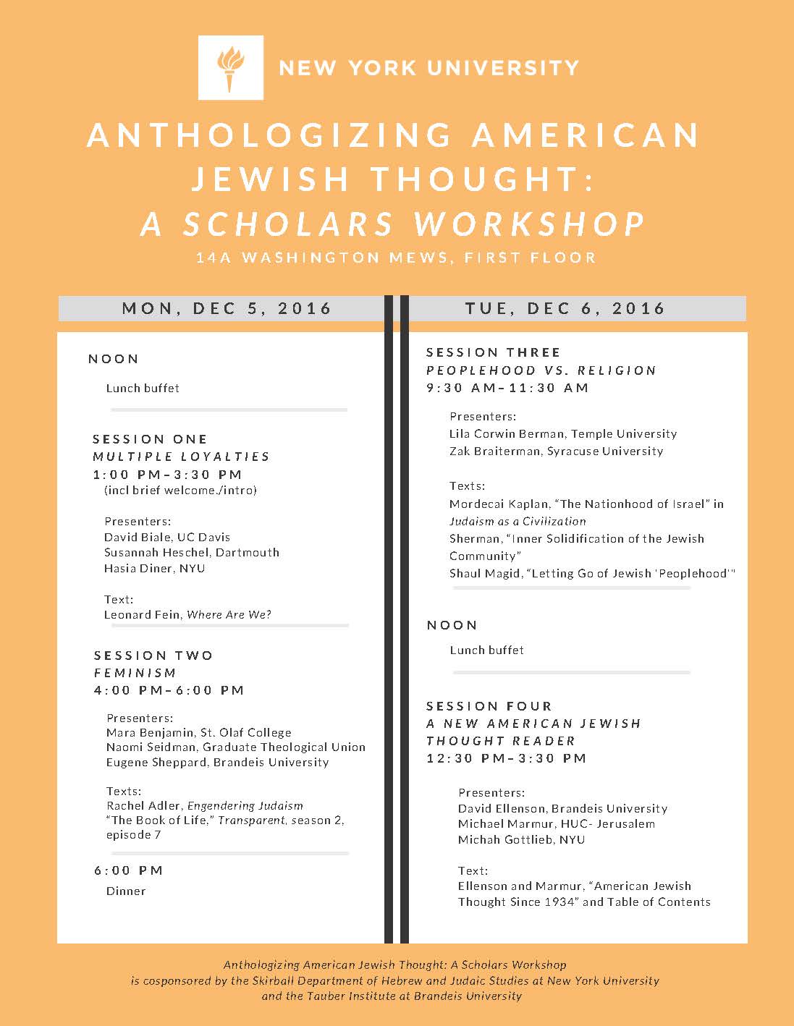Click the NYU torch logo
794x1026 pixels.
click(230, 67)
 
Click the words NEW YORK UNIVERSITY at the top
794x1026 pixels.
click(428, 68)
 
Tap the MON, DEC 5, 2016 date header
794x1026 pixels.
click(227, 308)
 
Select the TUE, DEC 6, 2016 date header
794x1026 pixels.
click(565, 308)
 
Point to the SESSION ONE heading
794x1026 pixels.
click(150, 439)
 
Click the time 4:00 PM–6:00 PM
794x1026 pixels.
click(169, 690)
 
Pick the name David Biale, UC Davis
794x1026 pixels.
click(167, 537)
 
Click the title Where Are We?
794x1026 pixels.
click(229, 614)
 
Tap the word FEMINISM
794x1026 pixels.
click(135, 673)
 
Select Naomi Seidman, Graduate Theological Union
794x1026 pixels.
click(236, 747)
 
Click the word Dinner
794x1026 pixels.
click(126, 891)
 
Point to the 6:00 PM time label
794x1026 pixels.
click(128, 870)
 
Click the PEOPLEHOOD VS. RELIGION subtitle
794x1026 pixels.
click(541, 370)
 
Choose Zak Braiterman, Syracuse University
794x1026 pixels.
click(556, 451)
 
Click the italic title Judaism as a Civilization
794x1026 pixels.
click(518, 521)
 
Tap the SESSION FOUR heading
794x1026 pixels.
click(489, 706)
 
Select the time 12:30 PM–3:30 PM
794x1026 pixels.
click(506, 758)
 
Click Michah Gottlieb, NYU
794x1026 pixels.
click(521, 839)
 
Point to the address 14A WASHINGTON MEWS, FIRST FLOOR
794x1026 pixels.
click(396, 258)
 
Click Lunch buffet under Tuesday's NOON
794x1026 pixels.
click(486, 650)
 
